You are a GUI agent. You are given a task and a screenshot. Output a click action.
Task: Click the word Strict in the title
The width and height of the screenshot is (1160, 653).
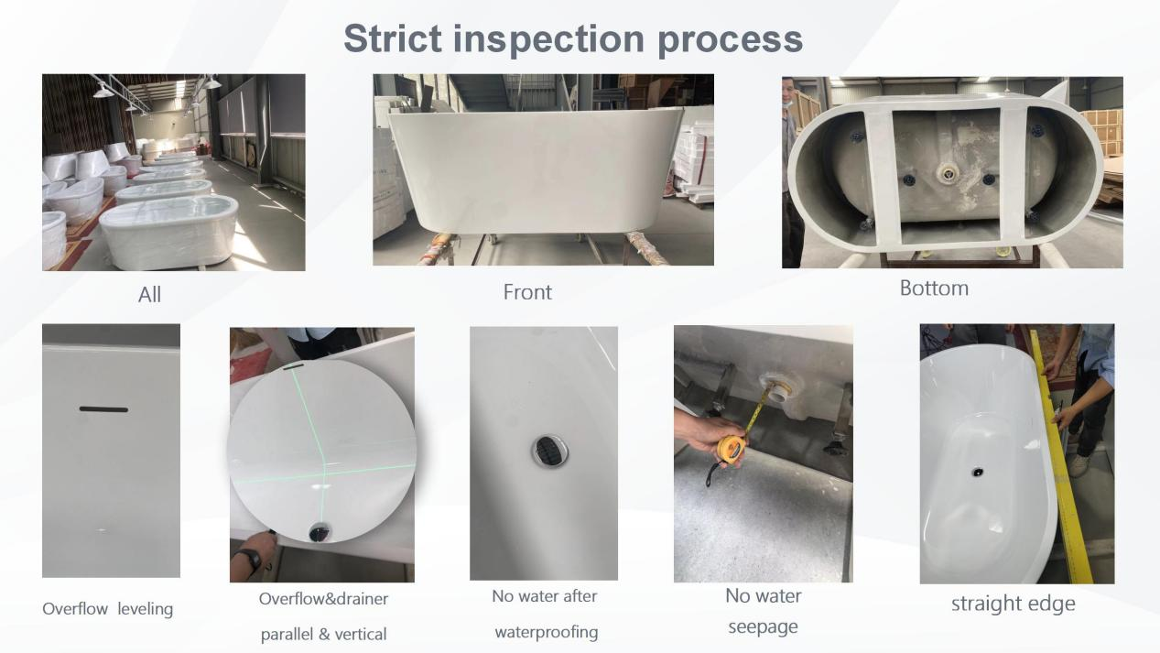pos(393,38)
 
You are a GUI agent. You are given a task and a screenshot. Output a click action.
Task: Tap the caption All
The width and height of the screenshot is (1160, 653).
pos(149,294)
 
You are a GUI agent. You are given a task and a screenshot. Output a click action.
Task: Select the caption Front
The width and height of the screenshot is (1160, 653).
pos(527,292)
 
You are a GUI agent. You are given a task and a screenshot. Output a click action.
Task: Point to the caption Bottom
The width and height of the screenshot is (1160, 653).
pos(934,288)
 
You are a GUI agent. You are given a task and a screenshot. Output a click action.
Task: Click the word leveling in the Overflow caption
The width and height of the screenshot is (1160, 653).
pos(145,609)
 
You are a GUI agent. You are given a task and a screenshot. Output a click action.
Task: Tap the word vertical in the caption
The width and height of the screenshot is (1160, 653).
pos(361,634)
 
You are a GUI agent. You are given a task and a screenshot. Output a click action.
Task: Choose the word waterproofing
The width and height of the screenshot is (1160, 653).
pos(547,632)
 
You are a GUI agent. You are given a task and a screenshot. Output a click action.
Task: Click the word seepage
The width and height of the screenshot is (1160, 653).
pos(763,627)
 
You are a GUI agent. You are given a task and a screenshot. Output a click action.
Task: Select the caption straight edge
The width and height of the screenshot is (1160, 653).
pos(1013,604)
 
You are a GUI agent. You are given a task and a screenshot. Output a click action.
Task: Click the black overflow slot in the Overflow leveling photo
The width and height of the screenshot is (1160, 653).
pos(103,409)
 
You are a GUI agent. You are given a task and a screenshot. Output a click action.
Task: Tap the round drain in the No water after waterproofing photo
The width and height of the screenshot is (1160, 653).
pos(549,451)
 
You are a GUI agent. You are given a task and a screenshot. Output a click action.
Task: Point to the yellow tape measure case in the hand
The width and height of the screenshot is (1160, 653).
pos(732,449)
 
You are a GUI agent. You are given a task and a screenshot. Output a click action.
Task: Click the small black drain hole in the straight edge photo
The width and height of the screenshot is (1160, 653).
pos(977,472)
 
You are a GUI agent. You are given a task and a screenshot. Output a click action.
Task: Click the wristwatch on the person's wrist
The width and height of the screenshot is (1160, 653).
pos(253,559)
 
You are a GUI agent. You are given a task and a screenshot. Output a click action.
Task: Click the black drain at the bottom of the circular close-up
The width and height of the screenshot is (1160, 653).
pos(319,532)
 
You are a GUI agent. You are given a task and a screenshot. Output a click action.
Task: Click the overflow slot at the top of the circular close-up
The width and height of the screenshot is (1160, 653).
pos(294,366)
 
